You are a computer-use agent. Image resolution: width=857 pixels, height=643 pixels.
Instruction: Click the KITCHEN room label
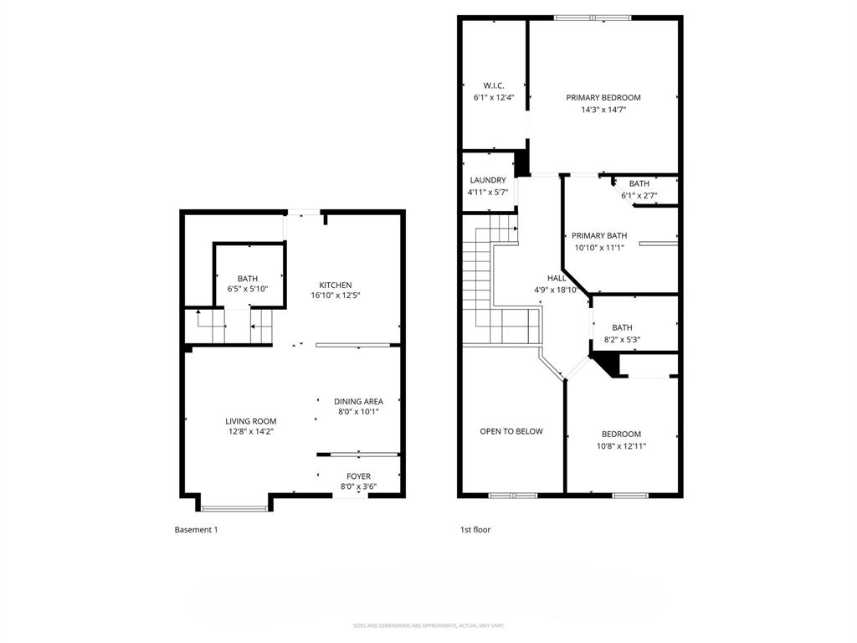click(335, 285)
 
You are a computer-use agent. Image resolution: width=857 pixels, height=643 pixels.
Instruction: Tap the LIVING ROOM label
click(250, 421)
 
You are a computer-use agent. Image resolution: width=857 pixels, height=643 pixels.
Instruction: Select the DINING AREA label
click(358, 401)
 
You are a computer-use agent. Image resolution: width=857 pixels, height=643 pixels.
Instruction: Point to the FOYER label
click(358, 476)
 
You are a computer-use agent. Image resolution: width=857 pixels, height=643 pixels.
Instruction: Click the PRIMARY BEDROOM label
click(603, 97)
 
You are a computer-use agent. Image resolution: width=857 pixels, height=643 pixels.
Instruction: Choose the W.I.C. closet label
click(494, 85)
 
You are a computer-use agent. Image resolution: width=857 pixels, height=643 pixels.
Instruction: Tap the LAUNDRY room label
click(487, 180)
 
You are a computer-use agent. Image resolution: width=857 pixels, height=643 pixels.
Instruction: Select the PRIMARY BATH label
click(600, 236)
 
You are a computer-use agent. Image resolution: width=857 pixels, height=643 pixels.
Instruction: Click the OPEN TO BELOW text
click(511, 431)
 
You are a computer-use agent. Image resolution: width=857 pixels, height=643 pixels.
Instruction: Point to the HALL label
click(557, 278)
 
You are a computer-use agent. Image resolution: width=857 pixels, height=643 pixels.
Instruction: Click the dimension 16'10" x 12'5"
click(335, 296)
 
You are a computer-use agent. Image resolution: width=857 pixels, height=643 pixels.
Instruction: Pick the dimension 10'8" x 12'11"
click(621, 445)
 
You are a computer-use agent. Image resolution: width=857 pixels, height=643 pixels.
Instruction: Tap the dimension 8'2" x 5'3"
click(622, 339)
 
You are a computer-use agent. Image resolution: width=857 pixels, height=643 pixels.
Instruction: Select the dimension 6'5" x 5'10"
click(248, 290)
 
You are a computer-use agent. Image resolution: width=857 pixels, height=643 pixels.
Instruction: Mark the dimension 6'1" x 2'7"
click(639, 196)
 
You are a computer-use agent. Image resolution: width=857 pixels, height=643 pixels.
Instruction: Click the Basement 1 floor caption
click(196, 529)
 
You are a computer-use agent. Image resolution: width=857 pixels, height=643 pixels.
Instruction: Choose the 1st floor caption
click(475, 529)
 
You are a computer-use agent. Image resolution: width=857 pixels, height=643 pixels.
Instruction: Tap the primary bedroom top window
click(593, 17)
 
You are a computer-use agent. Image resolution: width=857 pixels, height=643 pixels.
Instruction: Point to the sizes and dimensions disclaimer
click(428, 625)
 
